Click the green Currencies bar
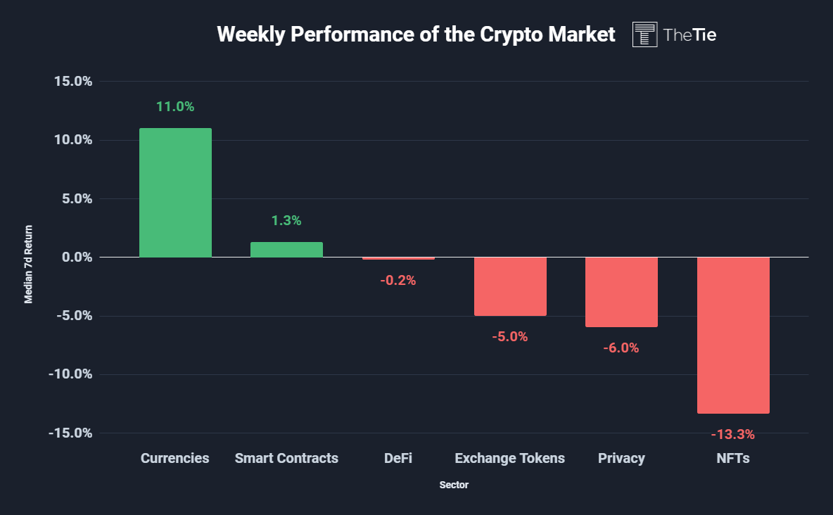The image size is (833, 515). pyautogui.click(x=175, y=192)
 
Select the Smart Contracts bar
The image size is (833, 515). pyautogui.click(x=286, y=250)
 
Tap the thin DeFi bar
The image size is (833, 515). pyautogui.click(x=398, y=258)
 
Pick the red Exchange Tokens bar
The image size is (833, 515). pyautogui.click(x=510, y=286)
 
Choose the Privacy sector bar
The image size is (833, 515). pyautogui.click(x=621, y=292)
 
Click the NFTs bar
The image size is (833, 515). pyautogui.click(x=733, y=335)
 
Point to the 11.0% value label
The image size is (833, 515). pyautogui.click(x=175, y=107)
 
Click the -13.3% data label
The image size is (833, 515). pyautogui.click(x=732, y=434)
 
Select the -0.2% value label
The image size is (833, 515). pyautogui.click(x=398, y=280)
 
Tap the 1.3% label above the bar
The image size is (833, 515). pyautogui.click(x=286, y=220)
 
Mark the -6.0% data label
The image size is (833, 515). pyautogui.click(x=621, y=348)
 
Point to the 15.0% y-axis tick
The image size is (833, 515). pyautogui.click(x=73, y=81)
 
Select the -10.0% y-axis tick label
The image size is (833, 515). pyautogui.click(x=70, y=374)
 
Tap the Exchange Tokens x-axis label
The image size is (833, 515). pyautogui.click(x=509, y=458)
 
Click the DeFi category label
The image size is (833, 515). pyautogui.click(x=398, y=458)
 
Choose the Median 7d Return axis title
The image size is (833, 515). pyautogui.click(x=29, y=264)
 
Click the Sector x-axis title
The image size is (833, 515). pyautogui.click(x=454, y=485)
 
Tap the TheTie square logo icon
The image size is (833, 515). pyautogui.click(x=644, y=34)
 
